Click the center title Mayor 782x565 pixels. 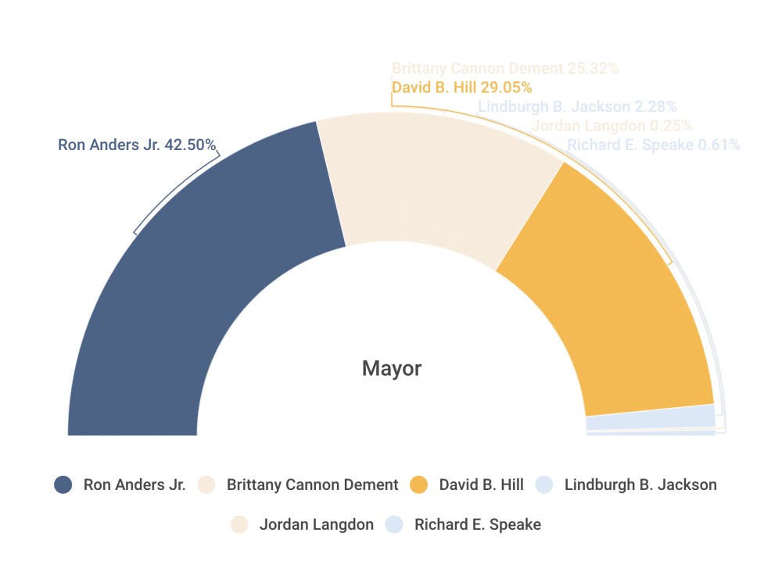(x=392, y=368)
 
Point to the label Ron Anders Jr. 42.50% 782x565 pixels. (x=137, y=145)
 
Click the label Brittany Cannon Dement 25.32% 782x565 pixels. (x=505, y=69)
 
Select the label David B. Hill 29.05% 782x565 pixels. (x=461, y=88)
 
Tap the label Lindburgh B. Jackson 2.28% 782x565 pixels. (x=577, y=107)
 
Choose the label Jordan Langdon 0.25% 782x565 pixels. (x=612, y=126)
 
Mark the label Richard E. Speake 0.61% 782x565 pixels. (x=653, y=145)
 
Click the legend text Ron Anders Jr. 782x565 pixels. (x=135, y=485)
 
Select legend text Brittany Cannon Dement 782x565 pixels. (x=312, y=485)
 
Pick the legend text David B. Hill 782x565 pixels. (x=481, y=485)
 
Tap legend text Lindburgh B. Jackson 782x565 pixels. (x=640, y=485)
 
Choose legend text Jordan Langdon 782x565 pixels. (x=316, y=524)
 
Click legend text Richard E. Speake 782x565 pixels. (x=477, y=524)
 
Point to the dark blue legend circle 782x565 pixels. (x=63, y=485)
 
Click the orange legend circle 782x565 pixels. (x=419, y=485)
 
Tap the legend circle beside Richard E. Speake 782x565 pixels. (x=394, y=524)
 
